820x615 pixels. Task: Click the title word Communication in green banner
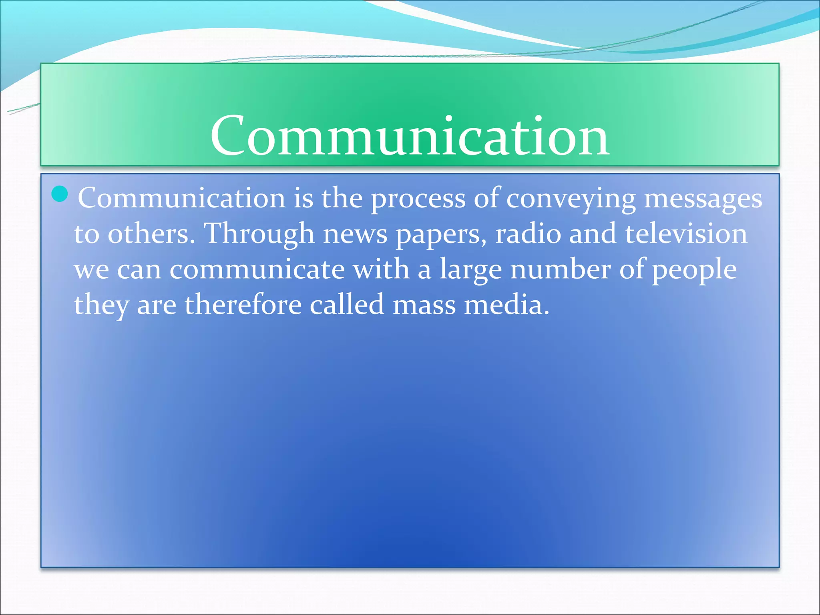409,136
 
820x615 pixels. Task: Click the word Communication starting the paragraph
181,198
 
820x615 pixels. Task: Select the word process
418,199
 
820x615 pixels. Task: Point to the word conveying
571,199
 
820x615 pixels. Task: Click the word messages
703,199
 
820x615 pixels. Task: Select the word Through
259,234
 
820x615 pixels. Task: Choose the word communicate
257,269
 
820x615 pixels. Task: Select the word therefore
243,305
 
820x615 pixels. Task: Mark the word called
347,305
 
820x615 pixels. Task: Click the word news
355,234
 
